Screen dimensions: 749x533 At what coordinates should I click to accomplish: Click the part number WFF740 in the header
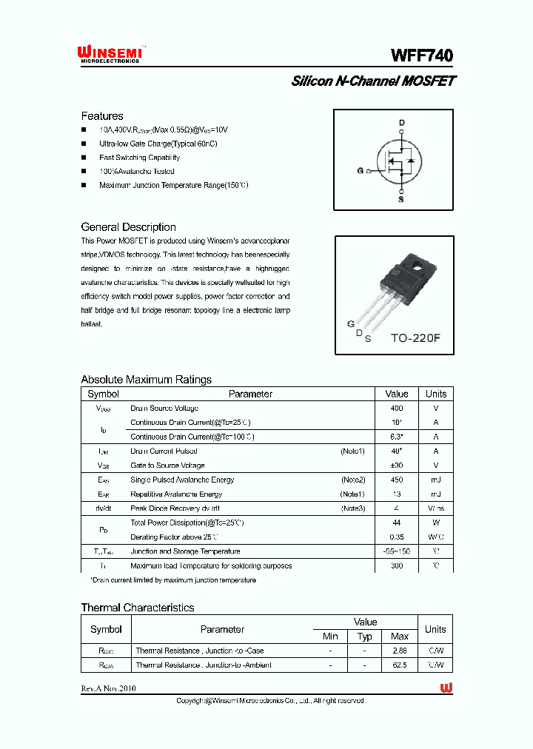pos(422,56)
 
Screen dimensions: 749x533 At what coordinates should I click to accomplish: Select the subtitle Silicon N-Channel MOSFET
pos(372,81)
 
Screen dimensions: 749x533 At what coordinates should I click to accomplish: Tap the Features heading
pos(102,116)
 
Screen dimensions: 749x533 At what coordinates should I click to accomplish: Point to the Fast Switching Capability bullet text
pos(139,158)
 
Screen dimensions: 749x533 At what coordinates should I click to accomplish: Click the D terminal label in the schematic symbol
pos(402,122)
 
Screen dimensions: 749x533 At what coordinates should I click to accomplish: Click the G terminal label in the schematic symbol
pos(360,171)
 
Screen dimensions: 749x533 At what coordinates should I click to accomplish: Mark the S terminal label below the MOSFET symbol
pos(401,199)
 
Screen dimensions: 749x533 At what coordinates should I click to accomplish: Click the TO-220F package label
pos(415,338)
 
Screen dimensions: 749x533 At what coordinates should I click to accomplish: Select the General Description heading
pos(128,227)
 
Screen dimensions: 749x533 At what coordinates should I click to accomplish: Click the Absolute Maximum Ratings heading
pos(146,380)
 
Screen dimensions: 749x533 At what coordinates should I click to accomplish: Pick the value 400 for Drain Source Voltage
pos(397,409)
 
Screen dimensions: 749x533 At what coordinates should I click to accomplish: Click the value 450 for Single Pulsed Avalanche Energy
pos(397,480)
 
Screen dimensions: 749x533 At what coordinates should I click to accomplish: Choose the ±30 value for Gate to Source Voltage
pos(397,466)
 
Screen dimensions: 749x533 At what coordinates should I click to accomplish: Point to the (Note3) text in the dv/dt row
pos(353,508)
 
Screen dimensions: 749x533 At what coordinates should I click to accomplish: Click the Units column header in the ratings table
pos(435,394)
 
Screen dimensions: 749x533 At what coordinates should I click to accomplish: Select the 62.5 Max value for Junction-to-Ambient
pos(399,665)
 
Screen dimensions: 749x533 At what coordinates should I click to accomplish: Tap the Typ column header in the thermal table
pos(364,637)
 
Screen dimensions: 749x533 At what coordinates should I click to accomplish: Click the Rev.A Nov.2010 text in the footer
pos(108,688)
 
